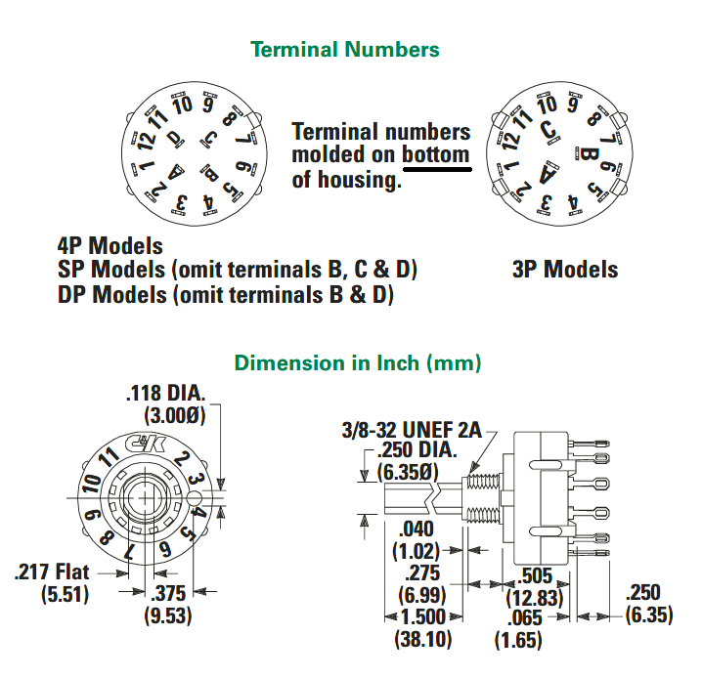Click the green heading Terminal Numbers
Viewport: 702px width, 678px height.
pyautogui.click(x=345, y=49)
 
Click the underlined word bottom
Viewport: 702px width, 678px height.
pyautogui.click(x=436, y=154)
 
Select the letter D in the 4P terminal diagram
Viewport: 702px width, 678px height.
pyautogui.click(x=175, y=138)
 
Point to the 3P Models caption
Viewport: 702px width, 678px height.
pyautogui.click(x=565, y=270)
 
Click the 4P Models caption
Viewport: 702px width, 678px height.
pyautogui.click(x=110, y=245)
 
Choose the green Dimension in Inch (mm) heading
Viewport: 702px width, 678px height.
pyautogui.click(x=358, y=362)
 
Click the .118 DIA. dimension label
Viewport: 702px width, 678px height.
pyautogui.click(x=165, y=393)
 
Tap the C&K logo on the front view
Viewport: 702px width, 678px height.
pyautogui.click(x=146, y=444)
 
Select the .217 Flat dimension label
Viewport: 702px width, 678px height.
pyautogui.click(x=52, y=572)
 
